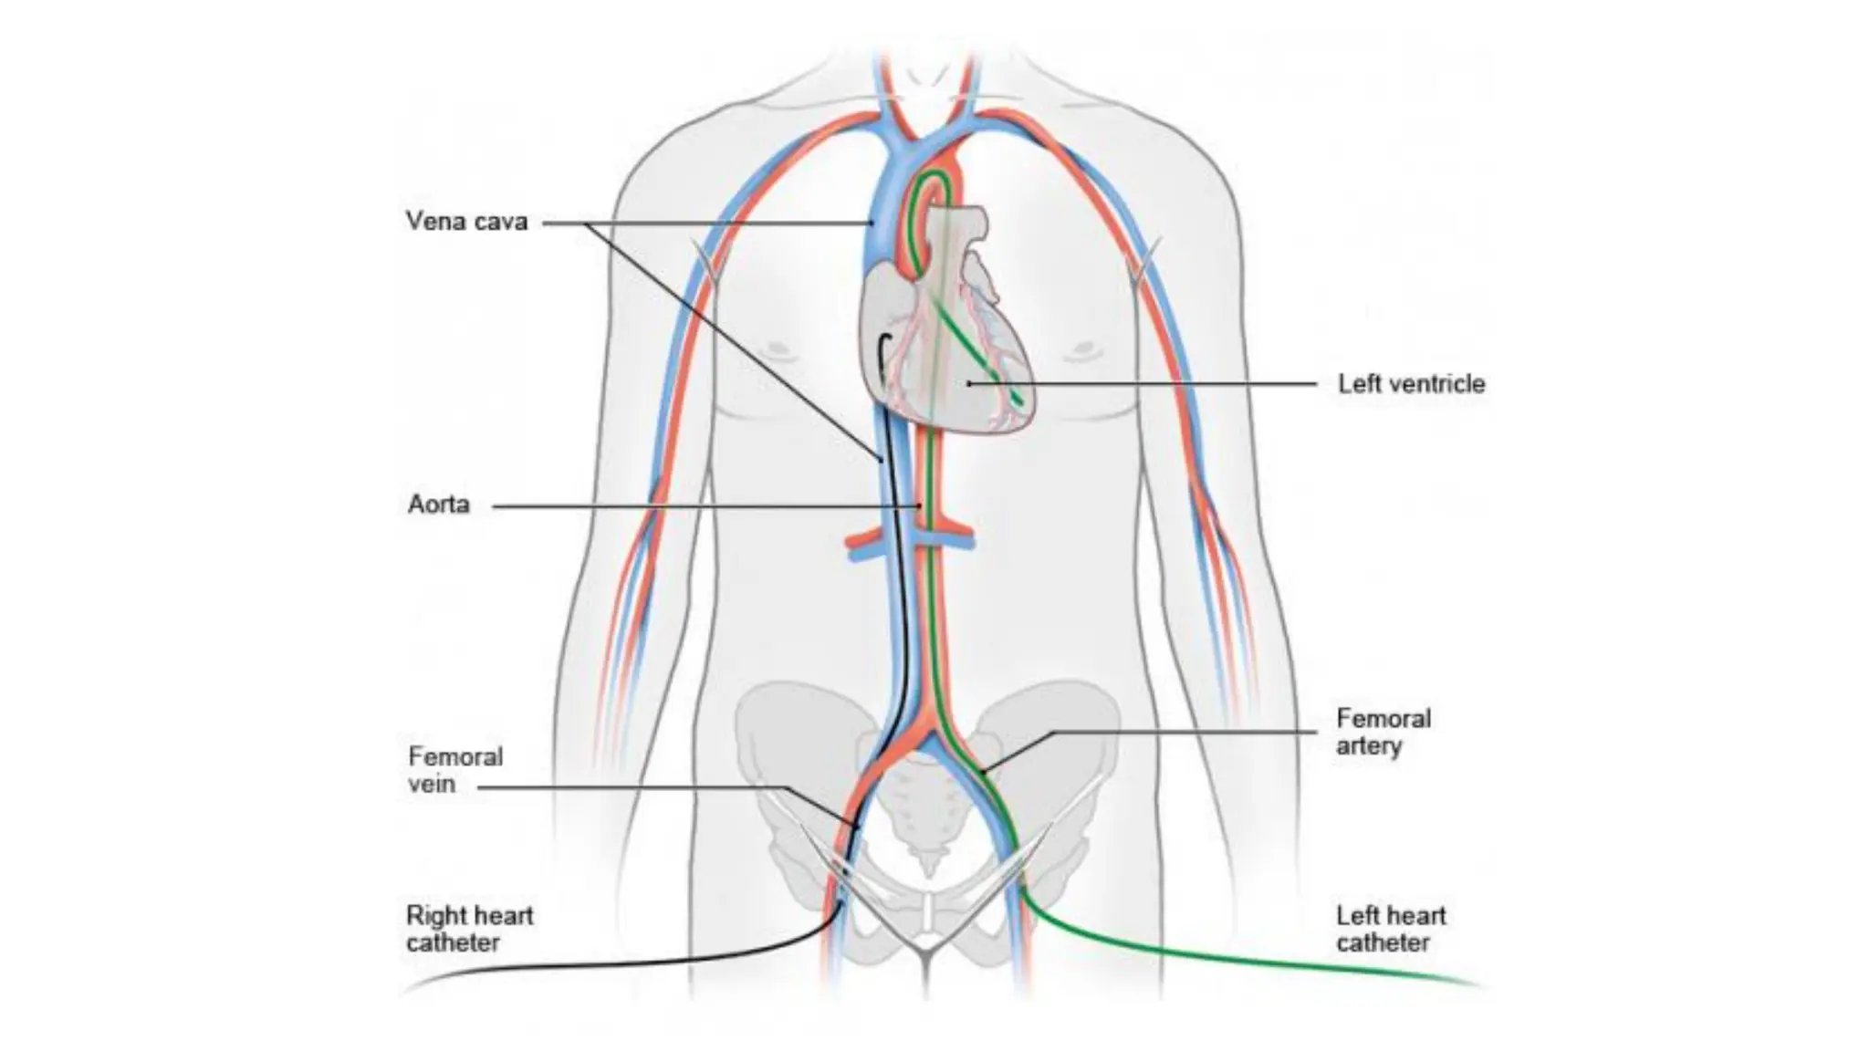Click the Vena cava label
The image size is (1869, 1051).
click(466, 222)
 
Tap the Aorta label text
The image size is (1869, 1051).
click(438, 505)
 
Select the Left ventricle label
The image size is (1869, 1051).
click(1411, 384)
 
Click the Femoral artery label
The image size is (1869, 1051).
click(1383, 732)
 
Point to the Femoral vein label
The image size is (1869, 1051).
click(454, 770)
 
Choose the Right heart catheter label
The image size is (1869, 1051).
click(469, 929)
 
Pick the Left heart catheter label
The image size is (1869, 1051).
click(1391, 929)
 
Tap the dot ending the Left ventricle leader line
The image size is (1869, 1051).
click(969, 384)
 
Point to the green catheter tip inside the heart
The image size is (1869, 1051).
click(1018, 402)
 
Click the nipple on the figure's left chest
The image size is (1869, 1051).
click(1084, 349)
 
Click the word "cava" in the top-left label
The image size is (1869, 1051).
click(500, 222)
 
